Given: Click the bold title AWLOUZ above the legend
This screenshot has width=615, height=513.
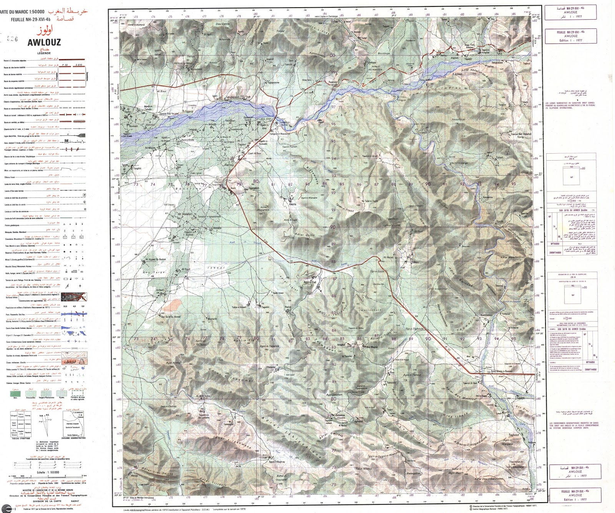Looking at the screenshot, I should click(44, 43).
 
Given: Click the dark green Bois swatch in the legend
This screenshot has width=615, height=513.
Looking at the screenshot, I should click(15, 393).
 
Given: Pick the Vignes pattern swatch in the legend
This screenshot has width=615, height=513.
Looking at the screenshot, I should click(61, 393).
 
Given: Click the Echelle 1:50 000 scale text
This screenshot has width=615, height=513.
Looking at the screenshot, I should click(48, 472).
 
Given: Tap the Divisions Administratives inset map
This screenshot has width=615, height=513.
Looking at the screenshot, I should click(73, 423).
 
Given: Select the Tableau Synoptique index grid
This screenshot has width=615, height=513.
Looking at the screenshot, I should click(20, 425).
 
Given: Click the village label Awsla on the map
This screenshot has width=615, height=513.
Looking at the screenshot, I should click(293, 204).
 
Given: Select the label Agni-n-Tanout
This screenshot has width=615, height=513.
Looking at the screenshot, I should click(412, 375).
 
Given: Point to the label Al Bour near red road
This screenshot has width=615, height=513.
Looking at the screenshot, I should click(162, 91).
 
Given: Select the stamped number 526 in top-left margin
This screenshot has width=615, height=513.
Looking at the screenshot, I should click(13, 38).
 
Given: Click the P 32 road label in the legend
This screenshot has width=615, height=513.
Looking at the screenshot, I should click(65, 65).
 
